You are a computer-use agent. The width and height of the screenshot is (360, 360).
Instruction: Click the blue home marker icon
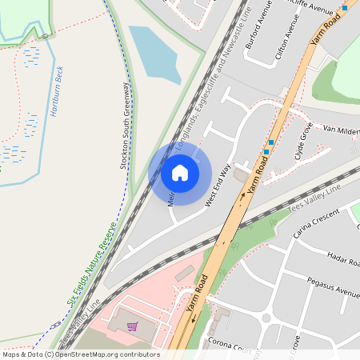tap(180, 172)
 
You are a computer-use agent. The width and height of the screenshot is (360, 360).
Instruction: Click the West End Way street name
tap(223, 187)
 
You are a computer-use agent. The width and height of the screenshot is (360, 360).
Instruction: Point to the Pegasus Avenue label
tap(333, 286)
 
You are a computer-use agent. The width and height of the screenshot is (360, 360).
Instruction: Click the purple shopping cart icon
tap(132, 326)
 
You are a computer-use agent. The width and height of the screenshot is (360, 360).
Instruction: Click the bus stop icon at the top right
tap(345, 7)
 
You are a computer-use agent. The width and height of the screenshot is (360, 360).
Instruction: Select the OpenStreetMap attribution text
tap(80, 354)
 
